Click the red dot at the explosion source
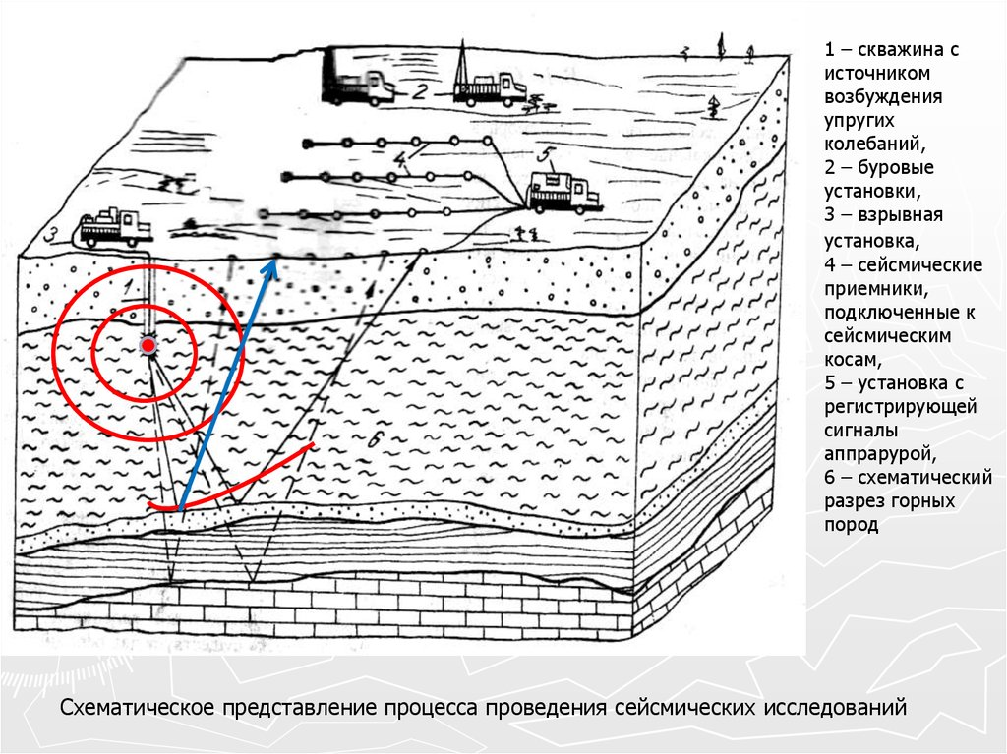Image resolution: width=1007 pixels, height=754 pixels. (148, 345)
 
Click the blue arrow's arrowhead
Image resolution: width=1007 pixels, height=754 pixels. (271, 268)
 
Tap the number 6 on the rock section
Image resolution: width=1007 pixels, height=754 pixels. (375, 440)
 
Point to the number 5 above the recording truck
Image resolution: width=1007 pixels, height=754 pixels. (545, 154)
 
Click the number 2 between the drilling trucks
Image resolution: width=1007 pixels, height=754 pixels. (419, 90)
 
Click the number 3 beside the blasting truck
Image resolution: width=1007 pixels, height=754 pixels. (51, 235)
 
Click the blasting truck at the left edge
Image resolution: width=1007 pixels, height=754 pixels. (116, 228)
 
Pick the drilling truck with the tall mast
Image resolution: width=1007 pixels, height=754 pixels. (490, 84)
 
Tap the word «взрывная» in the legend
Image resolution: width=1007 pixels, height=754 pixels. (900, 215)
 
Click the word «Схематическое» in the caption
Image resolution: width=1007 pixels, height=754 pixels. (137, 708)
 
